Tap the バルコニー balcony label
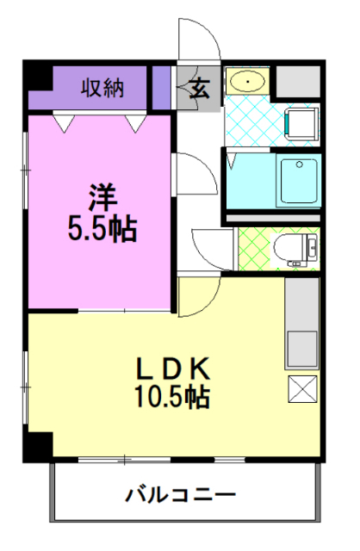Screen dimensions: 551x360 coord(181,495)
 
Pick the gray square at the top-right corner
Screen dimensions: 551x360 coord(298,81)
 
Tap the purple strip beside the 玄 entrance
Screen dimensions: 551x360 coord(162,85)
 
